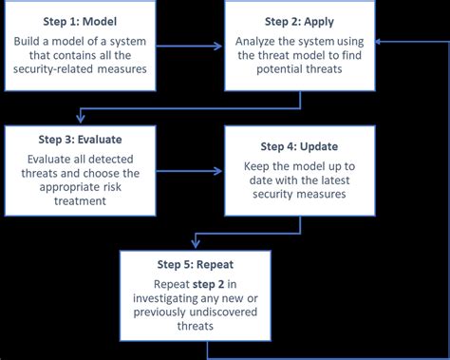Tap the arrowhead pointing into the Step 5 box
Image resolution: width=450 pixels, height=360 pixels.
197,246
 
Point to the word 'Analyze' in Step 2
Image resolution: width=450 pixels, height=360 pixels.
262,40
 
